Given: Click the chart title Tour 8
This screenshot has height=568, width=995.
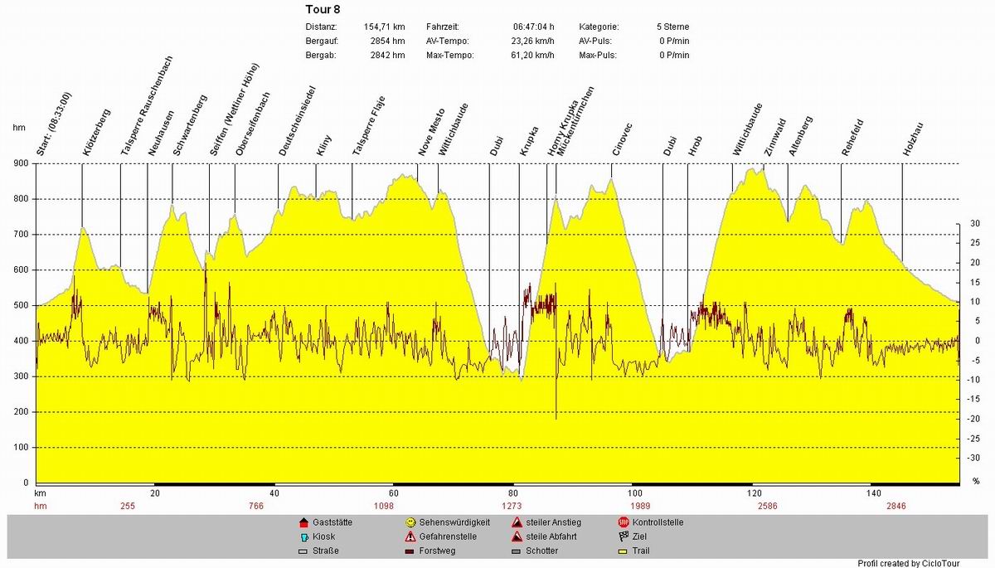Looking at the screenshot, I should [323, 10].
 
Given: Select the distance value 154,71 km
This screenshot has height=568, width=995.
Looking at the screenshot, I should [384, 27].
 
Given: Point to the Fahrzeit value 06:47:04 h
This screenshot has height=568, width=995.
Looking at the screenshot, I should [534, 27].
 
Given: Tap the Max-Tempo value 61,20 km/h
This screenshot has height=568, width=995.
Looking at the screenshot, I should [532, 56].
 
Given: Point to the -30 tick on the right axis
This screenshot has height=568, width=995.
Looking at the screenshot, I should [975, 458].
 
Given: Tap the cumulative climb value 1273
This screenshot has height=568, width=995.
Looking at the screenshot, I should [512, 506].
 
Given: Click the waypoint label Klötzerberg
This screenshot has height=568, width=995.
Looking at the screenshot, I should [96, 133].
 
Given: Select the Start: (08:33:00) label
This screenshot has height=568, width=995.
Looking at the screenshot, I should [55, 124].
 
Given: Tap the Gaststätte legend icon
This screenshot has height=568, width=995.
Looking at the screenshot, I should [303, 522].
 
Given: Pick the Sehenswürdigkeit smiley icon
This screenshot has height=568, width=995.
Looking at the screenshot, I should [410, 522].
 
